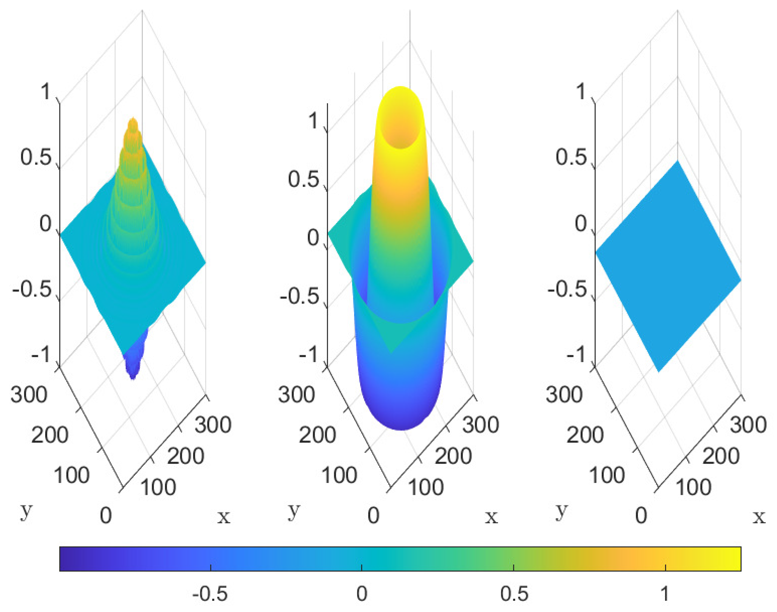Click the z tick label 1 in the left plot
(x=46, y=92)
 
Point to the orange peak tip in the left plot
(x=133, y=122)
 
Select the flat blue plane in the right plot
(x=668, y=265)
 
